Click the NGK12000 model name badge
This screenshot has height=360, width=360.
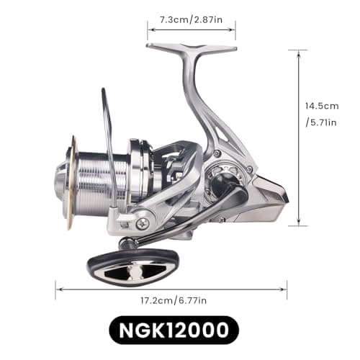174,330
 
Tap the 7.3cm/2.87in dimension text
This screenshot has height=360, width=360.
192,20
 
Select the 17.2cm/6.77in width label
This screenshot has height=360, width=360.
174,300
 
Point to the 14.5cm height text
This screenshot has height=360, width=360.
322,106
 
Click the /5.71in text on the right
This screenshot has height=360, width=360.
321,122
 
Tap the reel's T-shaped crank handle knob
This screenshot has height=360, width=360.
134,268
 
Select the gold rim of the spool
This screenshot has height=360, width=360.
71,182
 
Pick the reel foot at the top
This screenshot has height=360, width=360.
192,47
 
